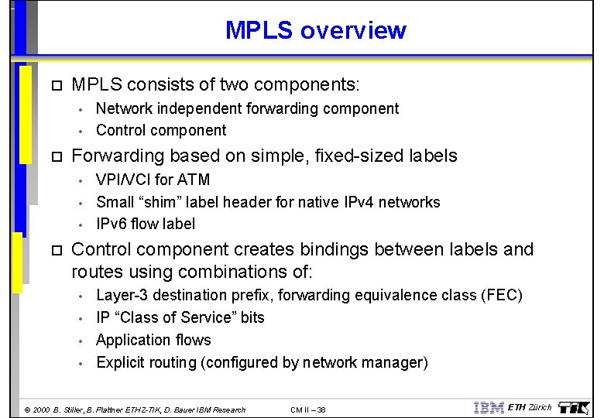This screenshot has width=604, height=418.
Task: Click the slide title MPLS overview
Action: click(315, 30)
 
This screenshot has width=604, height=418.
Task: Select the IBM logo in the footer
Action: click(488, 408)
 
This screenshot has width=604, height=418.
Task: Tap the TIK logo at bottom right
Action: click(574, 408)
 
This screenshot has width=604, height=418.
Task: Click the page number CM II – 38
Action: click(308, 409)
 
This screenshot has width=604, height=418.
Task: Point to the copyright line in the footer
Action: click(135, 409)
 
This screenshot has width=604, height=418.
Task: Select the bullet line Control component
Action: click(161, 130)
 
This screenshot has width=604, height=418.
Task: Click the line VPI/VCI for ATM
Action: click(153, 180)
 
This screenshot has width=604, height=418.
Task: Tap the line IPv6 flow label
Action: click(146, 224)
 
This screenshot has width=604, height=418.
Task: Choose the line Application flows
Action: click(153, 340)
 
